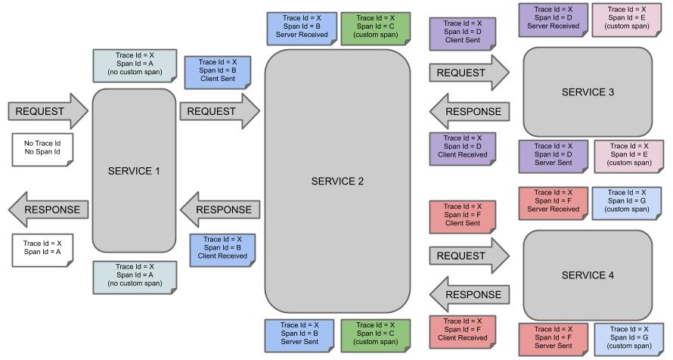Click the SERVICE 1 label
point(134,171)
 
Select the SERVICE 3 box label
point(588,92)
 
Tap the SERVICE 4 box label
point(588,275)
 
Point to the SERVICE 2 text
point(337,182)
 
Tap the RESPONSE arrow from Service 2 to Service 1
point(220,209)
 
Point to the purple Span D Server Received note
point(552,18)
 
